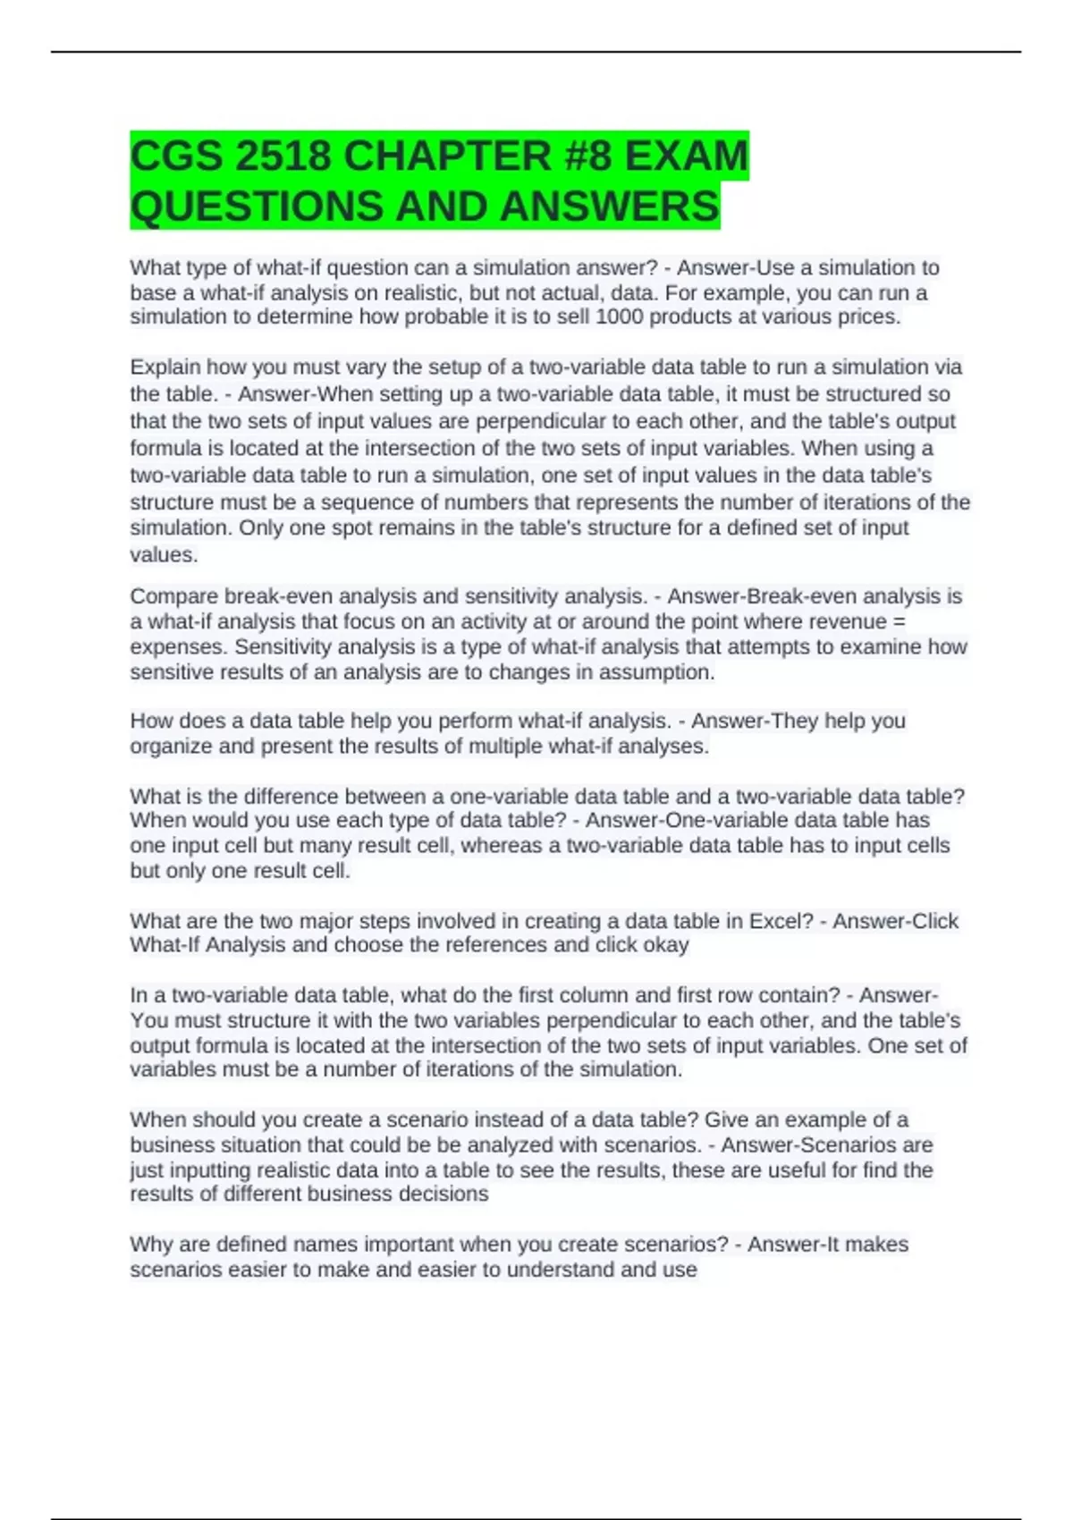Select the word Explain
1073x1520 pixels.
click(x=165, y=367)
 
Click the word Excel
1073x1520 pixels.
click(x=775, y=921)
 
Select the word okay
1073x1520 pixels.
click(x=668, y=945)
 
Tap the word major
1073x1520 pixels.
click(x=331, y=921)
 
